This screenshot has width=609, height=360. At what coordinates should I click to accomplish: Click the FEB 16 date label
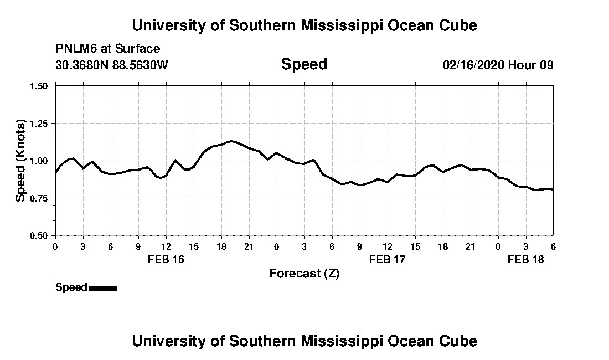166,259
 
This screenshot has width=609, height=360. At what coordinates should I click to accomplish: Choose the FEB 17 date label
388,259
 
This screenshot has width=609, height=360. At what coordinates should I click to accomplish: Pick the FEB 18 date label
526,259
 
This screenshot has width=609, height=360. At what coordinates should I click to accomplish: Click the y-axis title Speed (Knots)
20,160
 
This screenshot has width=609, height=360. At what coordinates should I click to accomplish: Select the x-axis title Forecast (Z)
304,274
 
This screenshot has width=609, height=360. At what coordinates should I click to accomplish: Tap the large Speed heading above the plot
304,64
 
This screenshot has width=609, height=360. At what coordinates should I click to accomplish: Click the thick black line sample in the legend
103,288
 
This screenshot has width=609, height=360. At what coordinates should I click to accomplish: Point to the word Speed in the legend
71,287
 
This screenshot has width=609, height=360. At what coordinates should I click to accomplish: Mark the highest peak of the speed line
231,141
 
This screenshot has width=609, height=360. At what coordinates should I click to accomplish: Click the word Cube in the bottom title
459,341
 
